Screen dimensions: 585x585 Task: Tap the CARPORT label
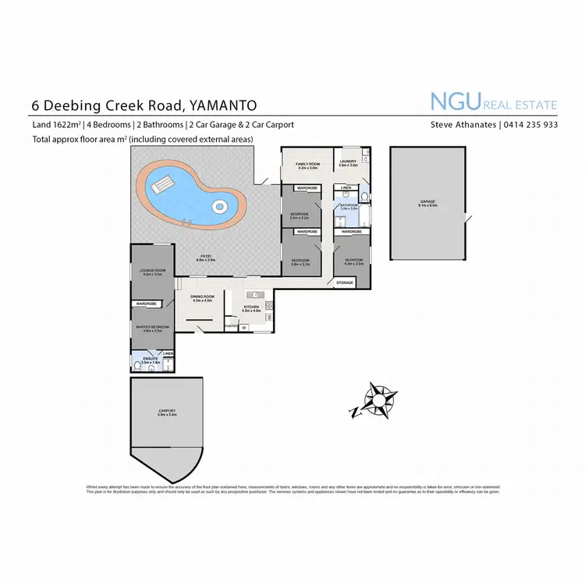(x=167, y=411)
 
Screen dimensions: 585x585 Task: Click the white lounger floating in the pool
(x=161, y=184)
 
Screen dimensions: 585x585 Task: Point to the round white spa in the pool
(x=220, y=207)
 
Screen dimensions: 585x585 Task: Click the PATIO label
(x=207, y=256)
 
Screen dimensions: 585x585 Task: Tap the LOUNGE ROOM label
(x=152, y=271)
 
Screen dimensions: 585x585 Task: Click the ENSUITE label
(x=151, y=360)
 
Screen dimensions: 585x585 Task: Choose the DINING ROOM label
(x=202, y=297)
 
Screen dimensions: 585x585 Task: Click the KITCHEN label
(x=250, y=307)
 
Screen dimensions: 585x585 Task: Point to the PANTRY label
(x=231, y=325)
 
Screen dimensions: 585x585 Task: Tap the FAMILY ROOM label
(x=309, y=164)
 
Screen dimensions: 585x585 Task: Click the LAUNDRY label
(x=348, y=163)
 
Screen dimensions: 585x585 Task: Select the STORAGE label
(x=345, y=282)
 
